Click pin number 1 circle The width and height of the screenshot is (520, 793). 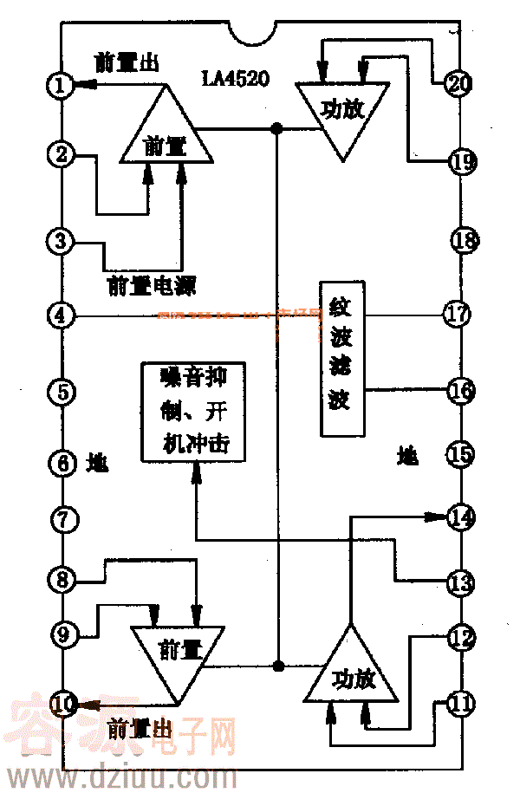pyautogui.click(x=60, y=85)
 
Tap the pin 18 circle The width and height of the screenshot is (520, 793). pyautogui.click(x=463, y=240)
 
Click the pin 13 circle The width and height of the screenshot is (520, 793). pyautogui.click(x=459, y=580)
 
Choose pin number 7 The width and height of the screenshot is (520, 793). pyautogui.click(x=63, y=520)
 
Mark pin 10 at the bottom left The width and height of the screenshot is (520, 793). pyautogui.click(x=62, y=705)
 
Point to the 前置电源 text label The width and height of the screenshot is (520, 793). pyautogui.click(x=151, y=285)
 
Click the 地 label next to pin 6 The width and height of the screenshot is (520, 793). pyautogui.click(x=97, y=463)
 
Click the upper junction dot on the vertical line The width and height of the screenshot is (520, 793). pyautogui.click(x=276, y=129)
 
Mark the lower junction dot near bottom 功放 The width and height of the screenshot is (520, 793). pyautogui.click(x=279, y=666)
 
